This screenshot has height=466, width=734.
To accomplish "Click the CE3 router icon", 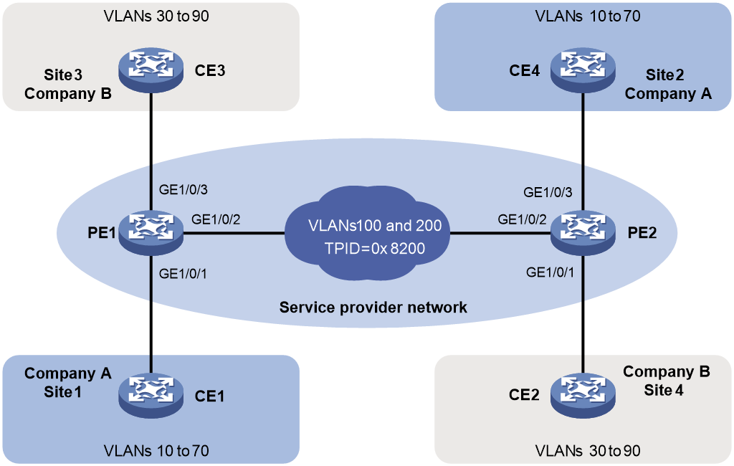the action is [151, 70].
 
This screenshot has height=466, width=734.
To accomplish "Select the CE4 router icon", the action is [583, 70].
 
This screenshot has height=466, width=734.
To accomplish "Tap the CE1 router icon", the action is [151, 395].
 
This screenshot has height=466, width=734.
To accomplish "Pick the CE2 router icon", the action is [583, 395].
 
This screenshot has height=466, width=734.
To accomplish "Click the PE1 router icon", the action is [151, 232].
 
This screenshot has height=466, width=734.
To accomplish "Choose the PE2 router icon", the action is [583, 232].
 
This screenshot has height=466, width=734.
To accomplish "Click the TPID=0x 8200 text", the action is [374, 248].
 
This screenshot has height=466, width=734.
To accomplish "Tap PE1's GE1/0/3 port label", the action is [183, 190].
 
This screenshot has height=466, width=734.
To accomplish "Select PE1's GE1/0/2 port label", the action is [216, 219].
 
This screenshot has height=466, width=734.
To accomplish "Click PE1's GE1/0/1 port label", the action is [183, 274].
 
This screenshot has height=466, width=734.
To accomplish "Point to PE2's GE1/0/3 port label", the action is [548, 192].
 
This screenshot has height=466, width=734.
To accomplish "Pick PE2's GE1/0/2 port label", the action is [522, 219].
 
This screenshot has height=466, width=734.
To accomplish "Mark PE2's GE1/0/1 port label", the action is [550, 272].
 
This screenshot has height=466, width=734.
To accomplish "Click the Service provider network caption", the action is [373, 308].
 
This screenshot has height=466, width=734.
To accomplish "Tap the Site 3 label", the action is [63, 75].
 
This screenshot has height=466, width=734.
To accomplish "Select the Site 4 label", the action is [663, 390].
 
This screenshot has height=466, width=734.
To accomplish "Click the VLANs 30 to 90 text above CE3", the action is [156, 16].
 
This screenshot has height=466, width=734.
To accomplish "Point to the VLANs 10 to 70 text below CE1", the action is [156, 450].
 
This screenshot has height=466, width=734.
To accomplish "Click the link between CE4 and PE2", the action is [583, 151].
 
